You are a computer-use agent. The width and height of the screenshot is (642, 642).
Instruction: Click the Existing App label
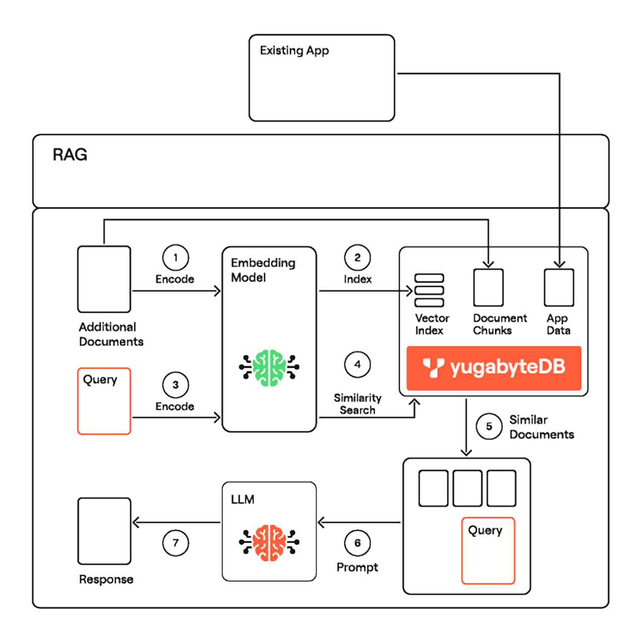[294, 50]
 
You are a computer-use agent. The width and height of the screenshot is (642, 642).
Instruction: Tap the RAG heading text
[70, 154]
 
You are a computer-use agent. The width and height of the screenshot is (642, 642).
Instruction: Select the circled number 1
[175, 257]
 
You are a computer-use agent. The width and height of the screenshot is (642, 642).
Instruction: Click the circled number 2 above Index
[357, 257]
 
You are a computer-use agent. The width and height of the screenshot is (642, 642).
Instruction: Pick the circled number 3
[175, 385]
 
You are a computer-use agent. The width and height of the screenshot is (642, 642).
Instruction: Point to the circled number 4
[357, 364]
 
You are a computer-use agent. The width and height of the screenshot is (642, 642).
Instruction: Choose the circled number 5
[489, 426]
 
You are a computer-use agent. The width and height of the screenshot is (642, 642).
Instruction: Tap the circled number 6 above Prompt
[357, 543]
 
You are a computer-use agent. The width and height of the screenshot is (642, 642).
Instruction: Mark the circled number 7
[175, 543]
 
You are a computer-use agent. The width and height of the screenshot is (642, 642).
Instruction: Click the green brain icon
[269, 368]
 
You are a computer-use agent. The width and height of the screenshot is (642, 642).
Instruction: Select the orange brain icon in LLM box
[269, 543]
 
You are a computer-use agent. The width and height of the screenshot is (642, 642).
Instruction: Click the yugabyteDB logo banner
[494, 368]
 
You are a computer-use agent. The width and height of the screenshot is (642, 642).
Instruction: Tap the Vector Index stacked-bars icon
[429, 290]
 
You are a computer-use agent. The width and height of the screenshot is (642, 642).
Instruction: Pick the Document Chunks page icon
[488, 288]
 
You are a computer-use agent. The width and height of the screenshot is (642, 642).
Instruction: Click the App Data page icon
[559, 288]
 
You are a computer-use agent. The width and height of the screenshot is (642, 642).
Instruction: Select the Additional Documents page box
[104, 279]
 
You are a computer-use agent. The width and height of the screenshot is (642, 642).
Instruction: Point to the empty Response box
[104, 531]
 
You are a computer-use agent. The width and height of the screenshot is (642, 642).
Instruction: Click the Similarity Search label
[357, 404]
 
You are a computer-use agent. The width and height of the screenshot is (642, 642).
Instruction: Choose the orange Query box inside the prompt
[488, 551]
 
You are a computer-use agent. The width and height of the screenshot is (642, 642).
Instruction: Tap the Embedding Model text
[263, 270]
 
